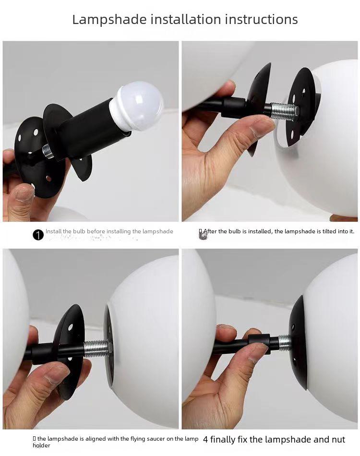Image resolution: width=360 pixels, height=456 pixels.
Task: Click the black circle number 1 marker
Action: point(38,235)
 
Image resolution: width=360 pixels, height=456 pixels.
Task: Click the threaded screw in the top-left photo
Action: point(48,152)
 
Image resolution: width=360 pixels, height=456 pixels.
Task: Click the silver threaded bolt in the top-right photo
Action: point(283,111)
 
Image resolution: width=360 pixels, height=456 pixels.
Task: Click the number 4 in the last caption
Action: point(205,439)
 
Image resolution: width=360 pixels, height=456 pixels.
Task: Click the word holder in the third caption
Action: point(41,445)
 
